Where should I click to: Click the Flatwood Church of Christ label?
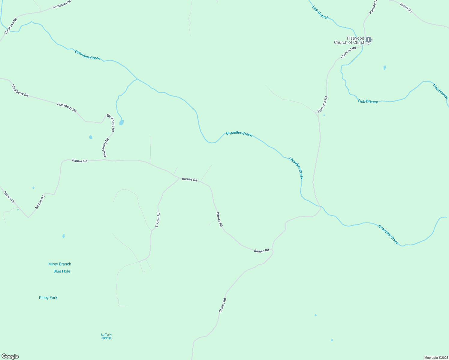(x=349, y=40)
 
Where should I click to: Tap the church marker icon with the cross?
(x=369, y=40)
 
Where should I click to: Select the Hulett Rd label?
(x=406, y=7)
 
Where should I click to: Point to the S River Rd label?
(x=158, y=220)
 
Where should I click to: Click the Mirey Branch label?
(x=60, y=264)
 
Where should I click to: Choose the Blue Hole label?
(x=62, y=271)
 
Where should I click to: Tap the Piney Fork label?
(x=48, y=298)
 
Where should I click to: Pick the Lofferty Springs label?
(x=106, y=336)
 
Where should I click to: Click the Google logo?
(x=10, y=356)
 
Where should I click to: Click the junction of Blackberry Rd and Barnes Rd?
(x=105, y=159)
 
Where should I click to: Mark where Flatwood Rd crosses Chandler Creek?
(x=320, y=207)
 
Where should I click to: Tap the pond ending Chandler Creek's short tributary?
(x=121, y=122)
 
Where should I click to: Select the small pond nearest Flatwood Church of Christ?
(x=385, y=67)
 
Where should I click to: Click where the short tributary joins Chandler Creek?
(x=137, y=79)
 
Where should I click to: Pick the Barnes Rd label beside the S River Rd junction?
(x=189, y=179)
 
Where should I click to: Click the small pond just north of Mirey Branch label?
(x=63, y=236)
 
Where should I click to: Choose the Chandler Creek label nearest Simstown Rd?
(x=87, y=55)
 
